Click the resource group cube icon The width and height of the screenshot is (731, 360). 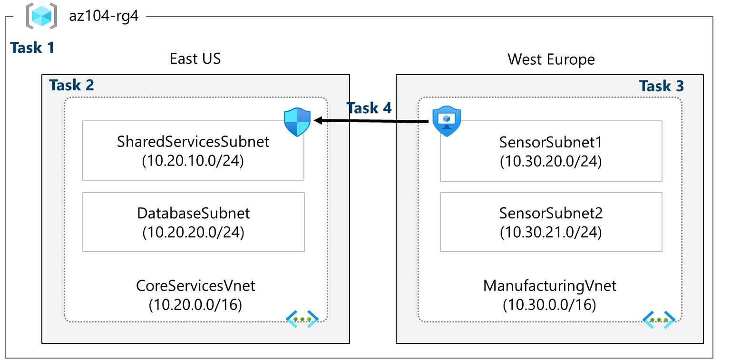41,16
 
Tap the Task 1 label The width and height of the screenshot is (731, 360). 32,48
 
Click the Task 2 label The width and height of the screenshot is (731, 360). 71,85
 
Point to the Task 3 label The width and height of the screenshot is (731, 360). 662,86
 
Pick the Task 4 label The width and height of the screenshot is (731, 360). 369,108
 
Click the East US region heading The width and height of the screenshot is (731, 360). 195,59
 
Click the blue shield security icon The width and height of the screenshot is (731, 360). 297,122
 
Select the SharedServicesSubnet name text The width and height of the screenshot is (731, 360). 193,142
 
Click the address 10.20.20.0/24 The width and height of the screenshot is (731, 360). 193,233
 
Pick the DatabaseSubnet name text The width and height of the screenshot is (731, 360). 193,213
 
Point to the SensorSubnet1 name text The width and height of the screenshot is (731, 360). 551,142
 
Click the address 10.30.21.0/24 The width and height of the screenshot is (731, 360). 551,233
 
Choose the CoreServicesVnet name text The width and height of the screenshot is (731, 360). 195,285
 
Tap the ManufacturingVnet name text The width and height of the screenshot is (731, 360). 550,285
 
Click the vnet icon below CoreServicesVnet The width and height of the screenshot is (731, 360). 302,319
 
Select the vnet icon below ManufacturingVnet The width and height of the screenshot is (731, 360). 659,320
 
